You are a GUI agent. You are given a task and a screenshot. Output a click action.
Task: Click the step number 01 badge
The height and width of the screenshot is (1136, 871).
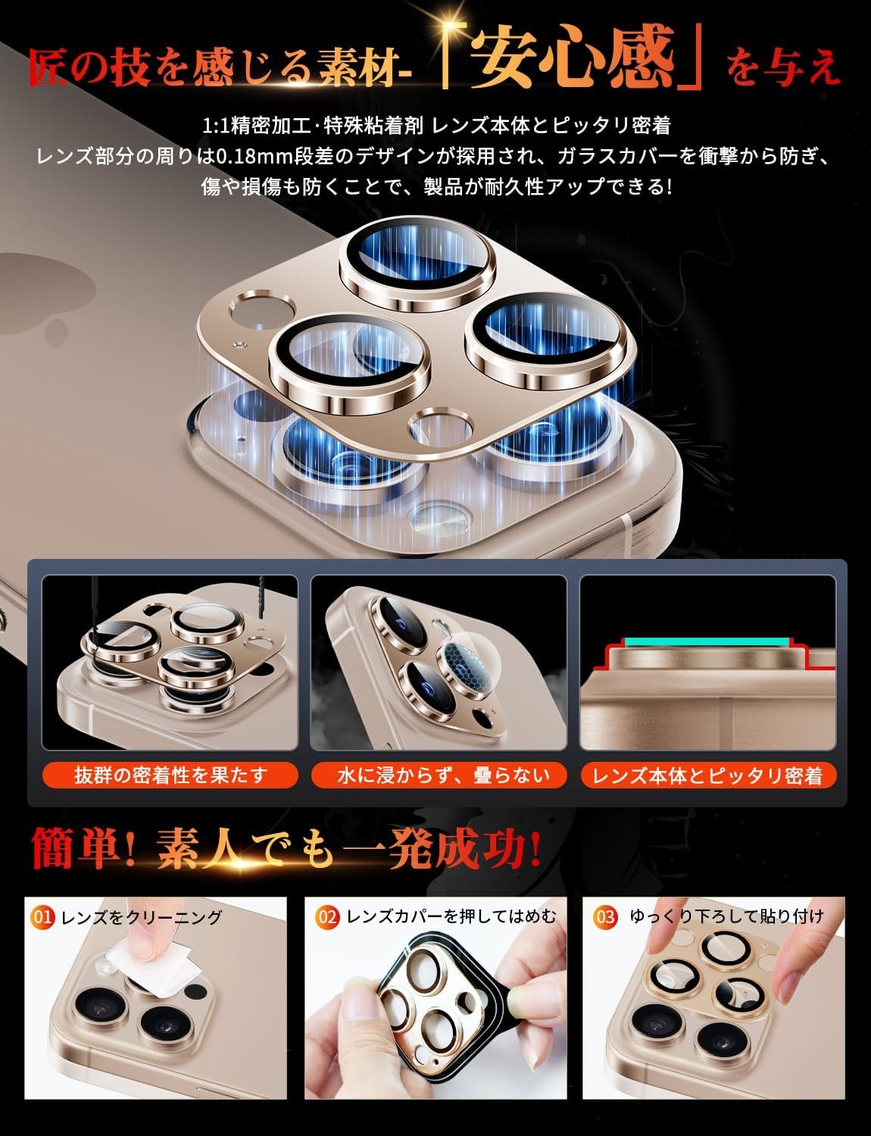pyautogui.click(x=42, y=918)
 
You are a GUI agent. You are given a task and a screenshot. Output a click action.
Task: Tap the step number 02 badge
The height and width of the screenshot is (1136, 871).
pyautogui.click(x=327, y=918)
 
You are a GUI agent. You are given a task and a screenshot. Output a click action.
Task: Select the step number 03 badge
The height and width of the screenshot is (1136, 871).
pyautogui.click(x=605, y=918)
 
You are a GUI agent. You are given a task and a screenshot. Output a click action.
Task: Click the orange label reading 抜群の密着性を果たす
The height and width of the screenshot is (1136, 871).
pyautogui.click(x=170, y=776)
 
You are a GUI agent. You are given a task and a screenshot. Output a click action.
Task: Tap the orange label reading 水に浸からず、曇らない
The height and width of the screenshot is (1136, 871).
pyautogui.click(x=439, y=776)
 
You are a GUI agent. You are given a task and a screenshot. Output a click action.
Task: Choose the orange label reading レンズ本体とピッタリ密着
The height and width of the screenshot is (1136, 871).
pyautogui.click(x=708, y=776)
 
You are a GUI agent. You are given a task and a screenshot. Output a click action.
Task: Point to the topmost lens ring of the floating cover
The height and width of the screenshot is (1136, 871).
pyautogui.click(x=417, y=265)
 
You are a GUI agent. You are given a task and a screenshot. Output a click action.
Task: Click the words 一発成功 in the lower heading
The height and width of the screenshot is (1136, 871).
pyautogui.click(x=435, y=848)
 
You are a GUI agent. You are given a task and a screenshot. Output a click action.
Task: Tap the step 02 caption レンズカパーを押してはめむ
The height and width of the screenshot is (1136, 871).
pyautogui.click(x=451, y=917)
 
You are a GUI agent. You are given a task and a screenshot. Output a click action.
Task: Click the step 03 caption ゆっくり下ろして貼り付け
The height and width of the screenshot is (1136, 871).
pyautogui.click(x=726, y=917)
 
